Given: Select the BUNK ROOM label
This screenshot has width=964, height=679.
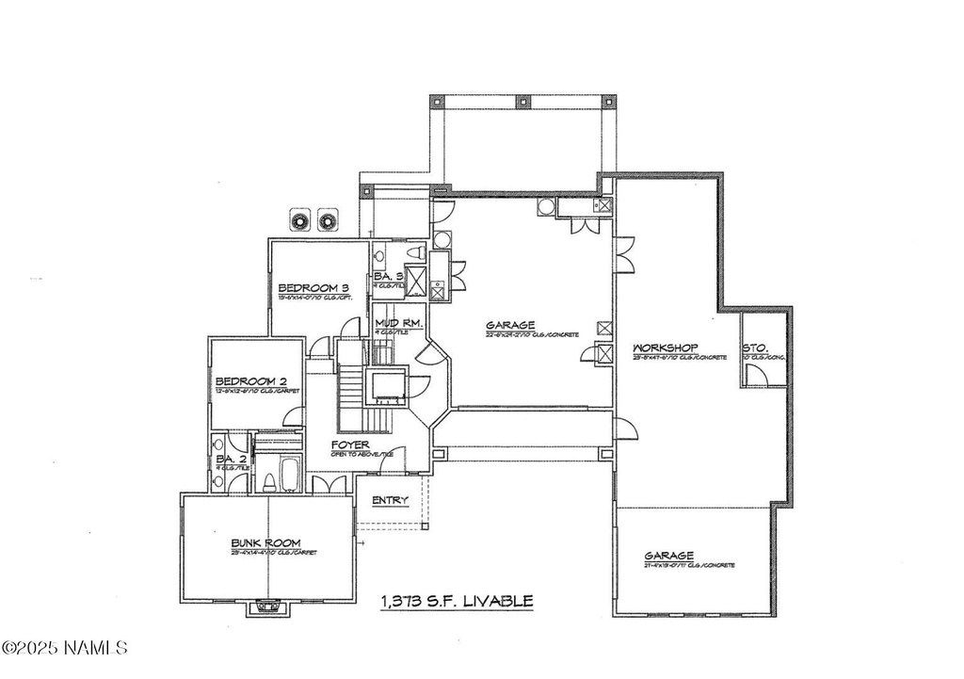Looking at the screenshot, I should tap(266, 543).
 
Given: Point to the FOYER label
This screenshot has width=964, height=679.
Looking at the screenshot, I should tap(349, 445).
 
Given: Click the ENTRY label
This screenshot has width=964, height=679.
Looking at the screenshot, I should tap(390, 500).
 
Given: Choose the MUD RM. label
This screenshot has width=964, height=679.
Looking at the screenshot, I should tap(395, 323).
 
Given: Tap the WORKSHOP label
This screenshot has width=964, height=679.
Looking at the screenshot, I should tap(664, 347).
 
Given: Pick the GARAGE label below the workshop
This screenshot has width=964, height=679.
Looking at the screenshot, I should tap(669, 556).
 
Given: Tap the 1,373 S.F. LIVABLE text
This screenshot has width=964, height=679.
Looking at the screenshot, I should tap(458, 600).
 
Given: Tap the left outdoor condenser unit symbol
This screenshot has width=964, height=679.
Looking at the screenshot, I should tap(300, 219).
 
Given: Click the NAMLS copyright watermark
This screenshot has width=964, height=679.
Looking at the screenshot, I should tap(64, 648).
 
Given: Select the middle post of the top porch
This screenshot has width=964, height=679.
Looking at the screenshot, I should tap(524, 100).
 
